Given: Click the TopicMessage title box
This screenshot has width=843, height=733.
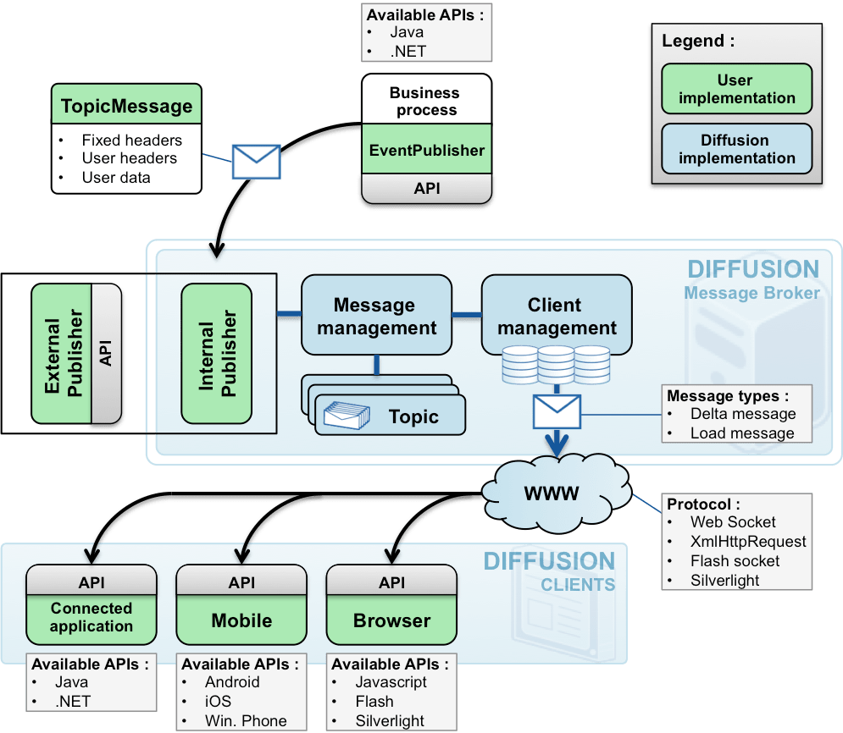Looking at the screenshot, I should click(126, 107).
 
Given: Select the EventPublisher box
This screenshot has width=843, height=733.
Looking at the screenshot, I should click(426, 151).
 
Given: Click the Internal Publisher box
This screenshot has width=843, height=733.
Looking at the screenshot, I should click(217, 353).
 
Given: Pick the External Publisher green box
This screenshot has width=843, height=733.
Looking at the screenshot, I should click(62, 354).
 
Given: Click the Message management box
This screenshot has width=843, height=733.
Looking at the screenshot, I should click(374, 315).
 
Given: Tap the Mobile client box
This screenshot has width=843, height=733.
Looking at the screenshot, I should click(241, 620).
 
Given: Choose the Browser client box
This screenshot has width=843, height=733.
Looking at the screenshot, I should click(391, 620).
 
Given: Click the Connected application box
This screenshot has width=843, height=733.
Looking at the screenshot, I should click(92, 617).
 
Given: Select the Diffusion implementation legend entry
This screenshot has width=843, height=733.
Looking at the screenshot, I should click(735, 149).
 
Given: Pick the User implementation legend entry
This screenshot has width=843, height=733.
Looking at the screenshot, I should click(735, 89).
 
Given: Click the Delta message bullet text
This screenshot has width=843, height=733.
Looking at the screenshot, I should click(742, 414).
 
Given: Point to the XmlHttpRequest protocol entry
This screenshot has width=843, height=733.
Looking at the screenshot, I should click(748, 542).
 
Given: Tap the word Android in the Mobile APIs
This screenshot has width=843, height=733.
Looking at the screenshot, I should click(232, 682).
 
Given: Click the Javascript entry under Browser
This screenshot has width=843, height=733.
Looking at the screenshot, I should click(391, 682).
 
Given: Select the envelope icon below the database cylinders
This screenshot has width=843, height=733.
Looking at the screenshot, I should click(556, 412).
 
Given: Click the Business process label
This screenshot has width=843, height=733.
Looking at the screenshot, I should click(424, 101).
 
